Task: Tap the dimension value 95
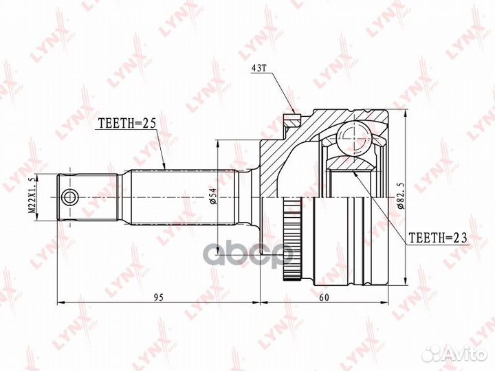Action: (157, 297)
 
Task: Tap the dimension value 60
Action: (324, 297)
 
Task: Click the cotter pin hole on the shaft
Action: (69, 198)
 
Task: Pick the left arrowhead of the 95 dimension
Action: (59, 302)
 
